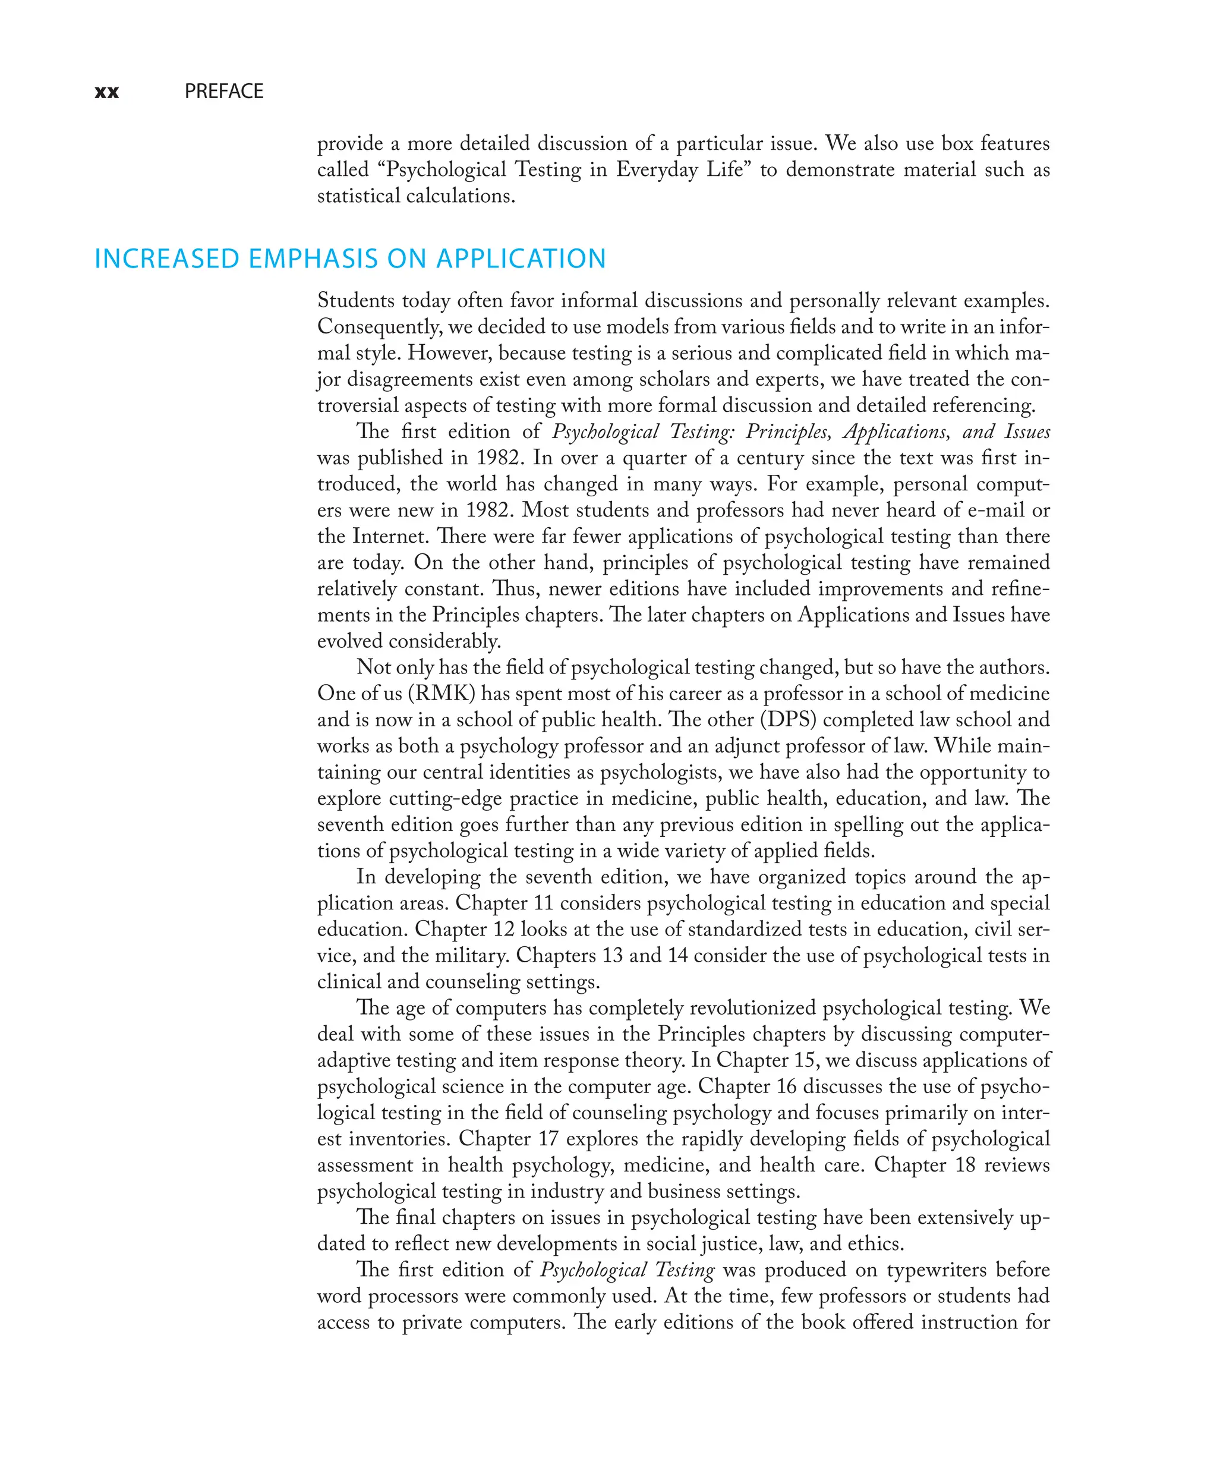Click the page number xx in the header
(106, 92)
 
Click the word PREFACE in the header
(223, 91)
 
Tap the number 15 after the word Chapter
(805, 1060)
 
